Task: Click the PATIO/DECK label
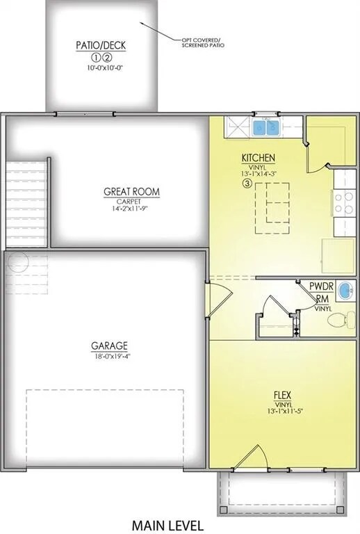pyautogui.click(x=101, y=46)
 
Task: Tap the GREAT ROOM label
pyautogui.click(x=122, y=191)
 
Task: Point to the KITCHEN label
pyautogui.click(x=259, y=158)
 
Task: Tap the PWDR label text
pyautogui.click(x=322, y=287)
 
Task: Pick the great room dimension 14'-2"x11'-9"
pyautogui.click(x=122, y=208)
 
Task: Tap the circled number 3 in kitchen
pyautogui.click(x=247, y=184)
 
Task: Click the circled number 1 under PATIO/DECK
pyautogui.click(x=96, y=58)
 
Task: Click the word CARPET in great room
pyautogui.click(x=122, y=200)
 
